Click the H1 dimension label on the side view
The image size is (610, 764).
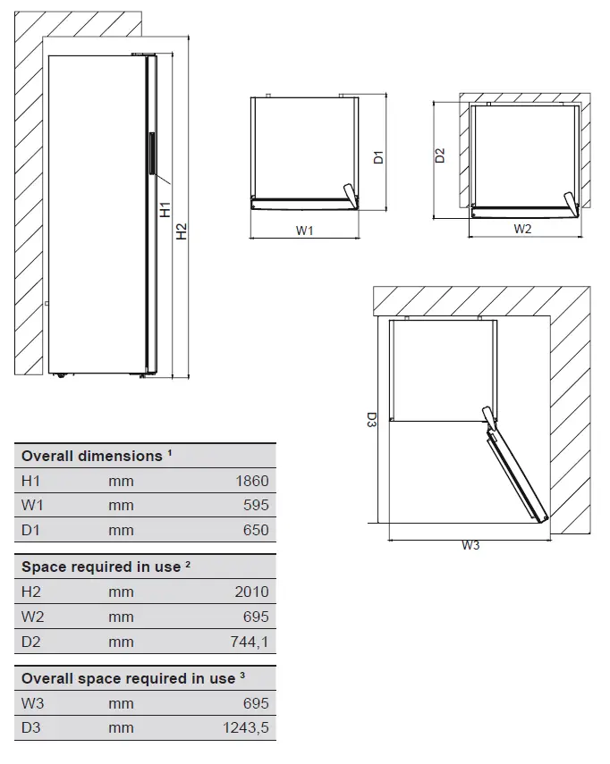165,210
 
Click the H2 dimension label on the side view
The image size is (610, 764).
182,231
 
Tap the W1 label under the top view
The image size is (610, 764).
305,231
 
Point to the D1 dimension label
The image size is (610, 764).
378,156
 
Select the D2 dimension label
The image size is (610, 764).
439,155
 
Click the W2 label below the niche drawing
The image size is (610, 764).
522,229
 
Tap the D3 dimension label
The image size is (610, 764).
371,419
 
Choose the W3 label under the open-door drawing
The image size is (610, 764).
470,545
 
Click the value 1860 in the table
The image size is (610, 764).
251,481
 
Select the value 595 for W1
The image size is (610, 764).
256,505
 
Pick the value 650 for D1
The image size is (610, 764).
256,530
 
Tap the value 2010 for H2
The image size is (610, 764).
251,592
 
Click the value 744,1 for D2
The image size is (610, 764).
250,642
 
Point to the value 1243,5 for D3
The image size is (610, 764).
245,728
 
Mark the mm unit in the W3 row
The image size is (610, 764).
121,703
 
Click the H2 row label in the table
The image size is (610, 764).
32,592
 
